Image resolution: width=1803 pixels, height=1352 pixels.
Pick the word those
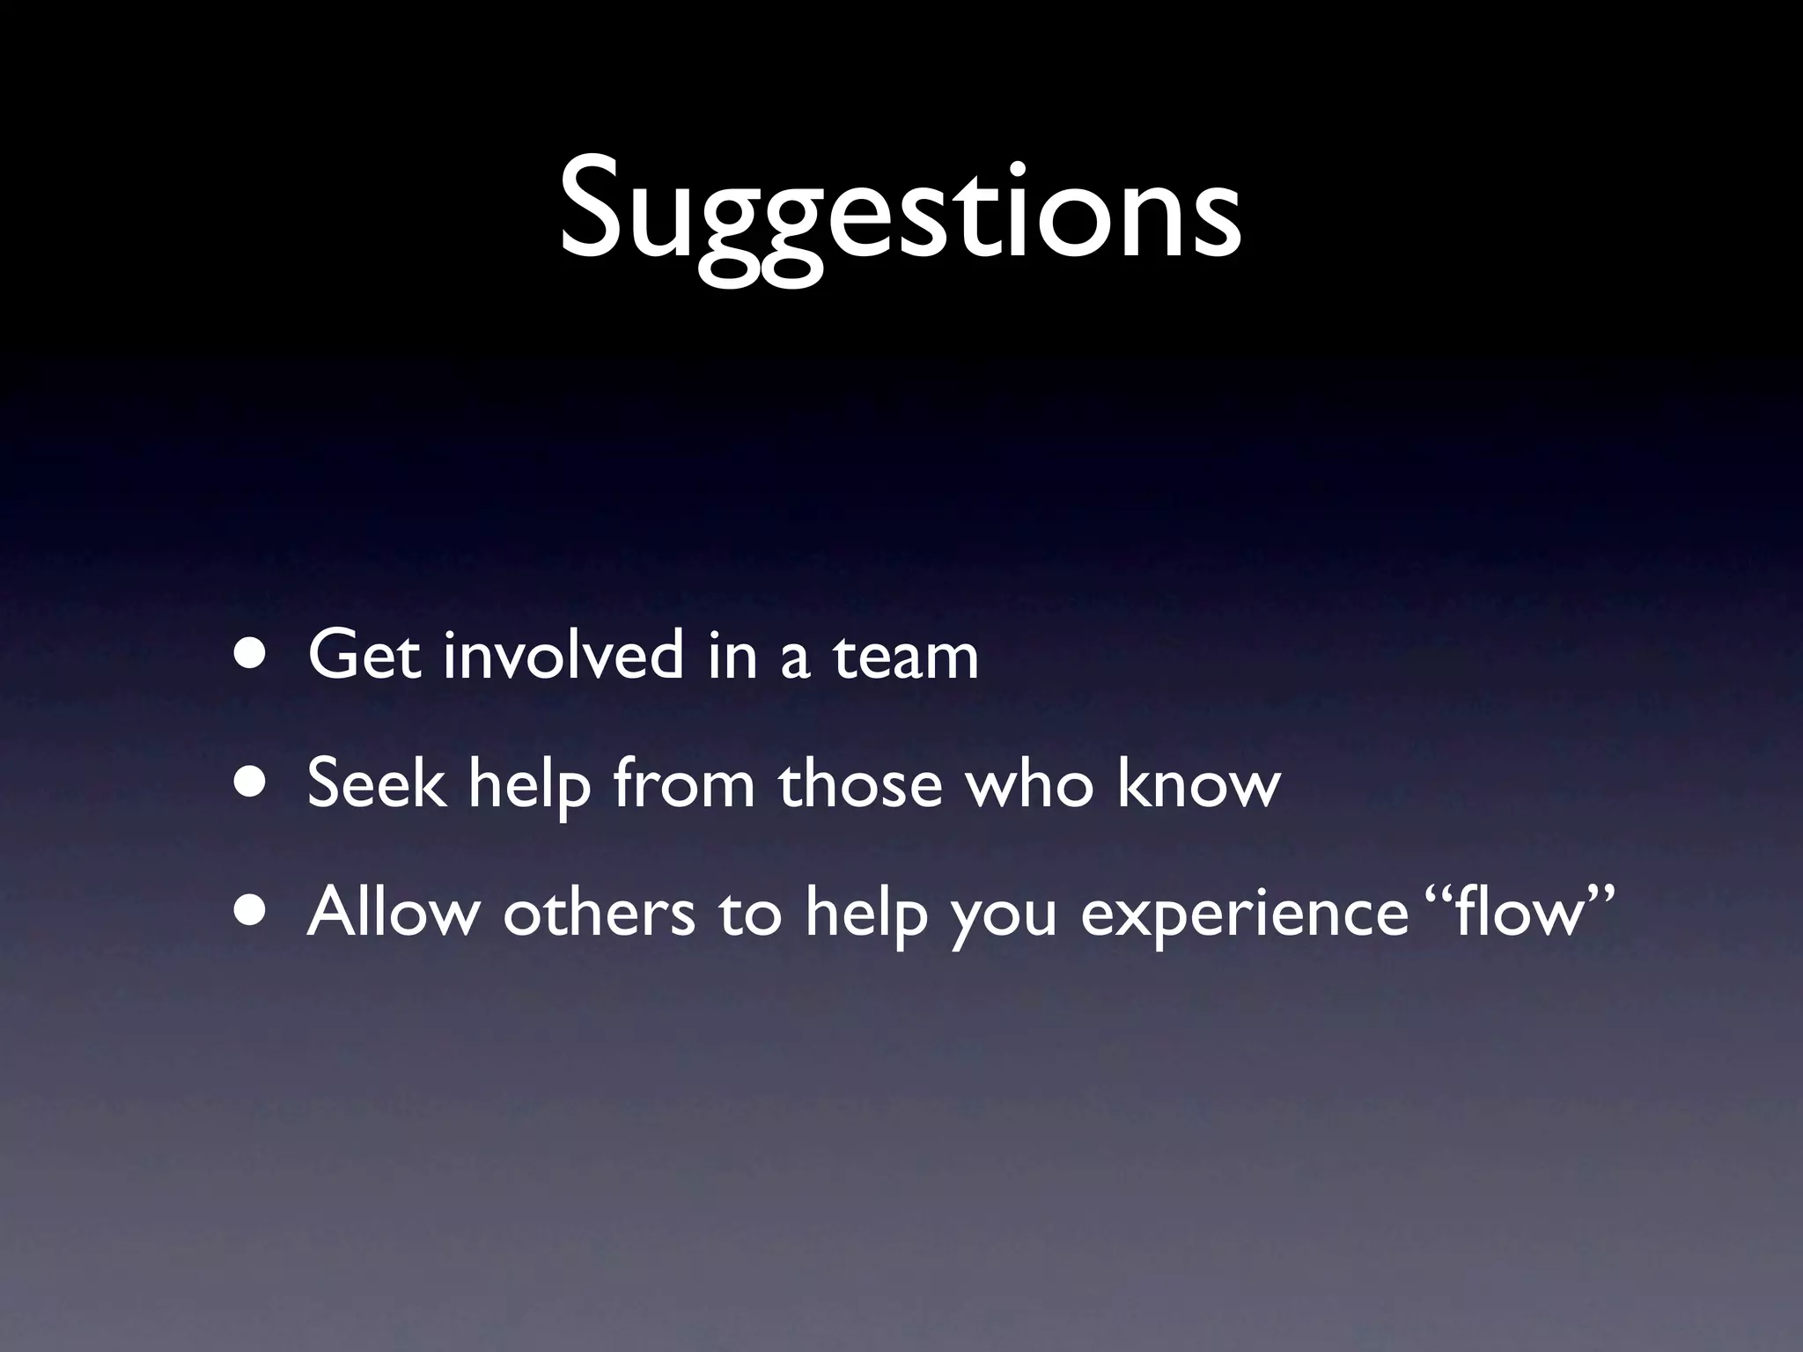click(x=860, y=783)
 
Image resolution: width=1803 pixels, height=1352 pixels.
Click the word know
click(x=1198, y=783)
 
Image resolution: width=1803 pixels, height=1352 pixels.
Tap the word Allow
click(x=393, y=912)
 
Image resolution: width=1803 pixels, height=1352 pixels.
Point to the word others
click(x=599, y=912)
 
